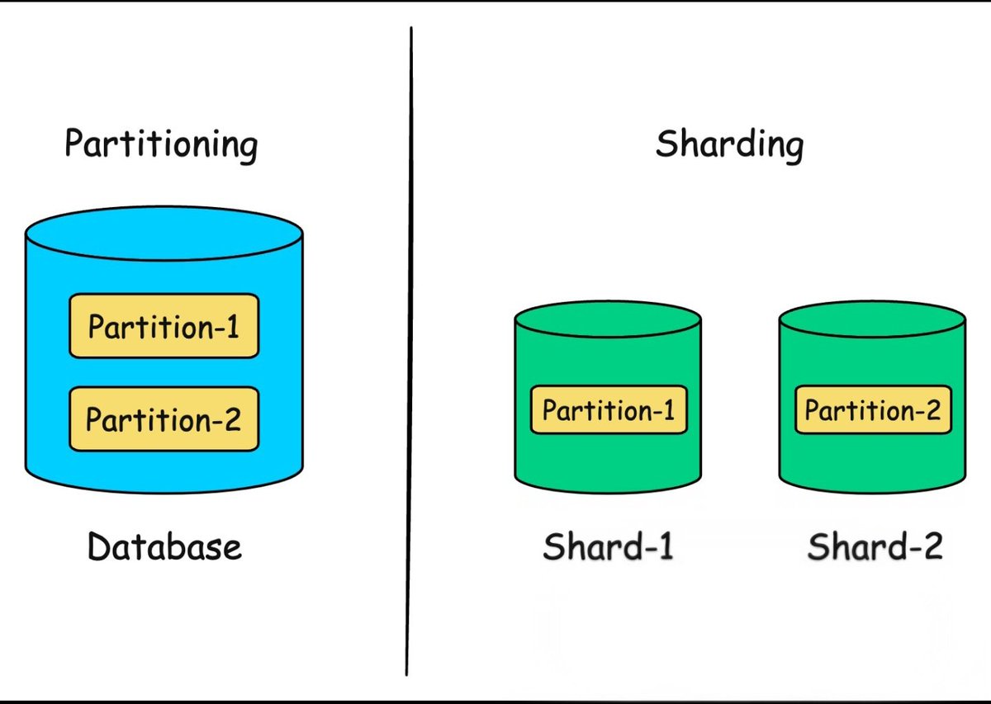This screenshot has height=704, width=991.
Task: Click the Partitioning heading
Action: tap(161, 144)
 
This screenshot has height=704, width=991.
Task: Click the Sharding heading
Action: tap(729, 144)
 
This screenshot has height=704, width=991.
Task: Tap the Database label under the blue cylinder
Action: tap(164, 546)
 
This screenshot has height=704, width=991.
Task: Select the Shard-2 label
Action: tap(875, 546)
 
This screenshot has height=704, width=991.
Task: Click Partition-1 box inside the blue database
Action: tap(164, 327)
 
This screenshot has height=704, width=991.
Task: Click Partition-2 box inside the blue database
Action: tap(164, 419)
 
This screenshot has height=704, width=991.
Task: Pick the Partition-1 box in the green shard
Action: tap(608, 410)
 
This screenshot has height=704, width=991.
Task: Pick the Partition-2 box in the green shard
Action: tap(873, 410)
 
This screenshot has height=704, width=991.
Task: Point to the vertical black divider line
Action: tap(410, 347)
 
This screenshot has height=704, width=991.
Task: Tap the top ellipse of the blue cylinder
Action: tap(164, 233)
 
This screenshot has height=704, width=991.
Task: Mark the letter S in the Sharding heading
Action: tap(666, 144)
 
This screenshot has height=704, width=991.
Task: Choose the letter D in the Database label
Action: tap(98, 546)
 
